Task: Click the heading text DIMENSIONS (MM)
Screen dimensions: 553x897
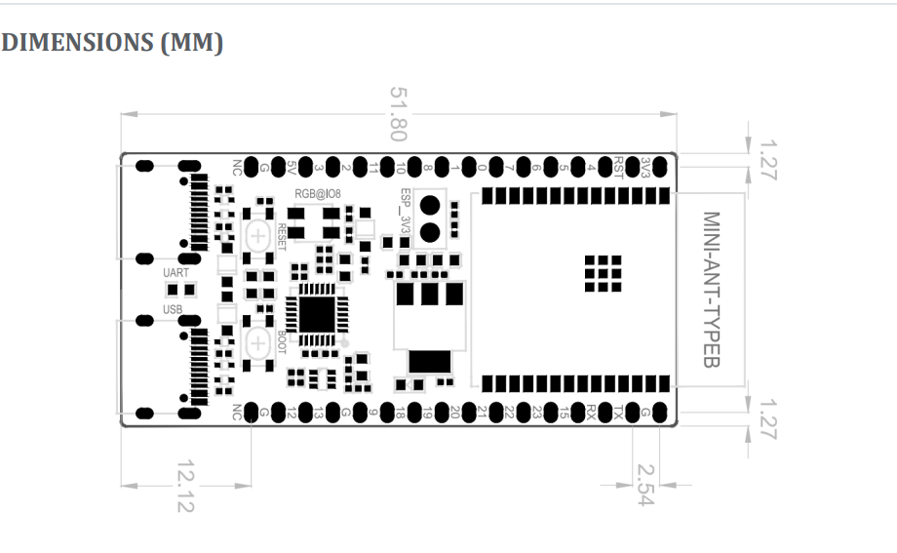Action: click(x=112, y=44)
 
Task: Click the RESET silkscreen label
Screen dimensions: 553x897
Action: click(x=283, y=237)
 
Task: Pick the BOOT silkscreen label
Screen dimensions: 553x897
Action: click(x=283, y=341)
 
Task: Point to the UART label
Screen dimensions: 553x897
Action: click(x=176, y=274)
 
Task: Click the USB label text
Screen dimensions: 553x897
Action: click(x=174, y=309)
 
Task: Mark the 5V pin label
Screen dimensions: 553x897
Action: click(x=292, y=166)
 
